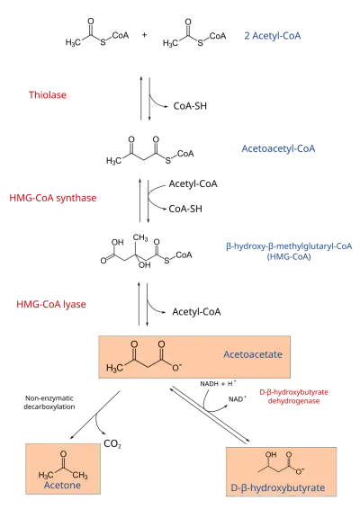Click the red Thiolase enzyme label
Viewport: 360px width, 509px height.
coord(48,94)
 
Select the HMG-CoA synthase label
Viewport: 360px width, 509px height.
coord(53,198)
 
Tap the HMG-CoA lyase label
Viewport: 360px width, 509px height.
coord(51,304)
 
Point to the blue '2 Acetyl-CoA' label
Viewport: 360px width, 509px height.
coord(273,36)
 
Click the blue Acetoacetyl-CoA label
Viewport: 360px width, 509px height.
coord(278,148)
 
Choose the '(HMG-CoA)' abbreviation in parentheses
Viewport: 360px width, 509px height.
coord(289,257)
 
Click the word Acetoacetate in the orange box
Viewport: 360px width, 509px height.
coord(253,354)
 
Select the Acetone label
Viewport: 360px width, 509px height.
coord(62,486)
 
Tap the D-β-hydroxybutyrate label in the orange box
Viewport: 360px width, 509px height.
coord(278,487)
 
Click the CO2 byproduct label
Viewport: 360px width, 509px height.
coord(112,443)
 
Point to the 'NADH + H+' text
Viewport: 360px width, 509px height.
coord(218,384)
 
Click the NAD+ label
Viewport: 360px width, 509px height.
coord(238,399)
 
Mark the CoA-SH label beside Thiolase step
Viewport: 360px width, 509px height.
coord(190,106)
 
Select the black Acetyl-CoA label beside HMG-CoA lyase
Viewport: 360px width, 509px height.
coord(196,312)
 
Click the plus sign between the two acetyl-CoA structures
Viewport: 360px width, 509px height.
coord(144,34)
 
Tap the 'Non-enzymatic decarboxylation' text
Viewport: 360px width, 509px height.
coord(49,403)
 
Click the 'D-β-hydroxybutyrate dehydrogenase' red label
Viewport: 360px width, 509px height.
coord(293,397)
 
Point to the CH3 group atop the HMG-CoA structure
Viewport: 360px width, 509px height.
coord(140,237)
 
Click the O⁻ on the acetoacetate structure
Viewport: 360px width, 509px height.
coord(177,367)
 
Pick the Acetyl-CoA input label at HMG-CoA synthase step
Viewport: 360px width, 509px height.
coord(193,184)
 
